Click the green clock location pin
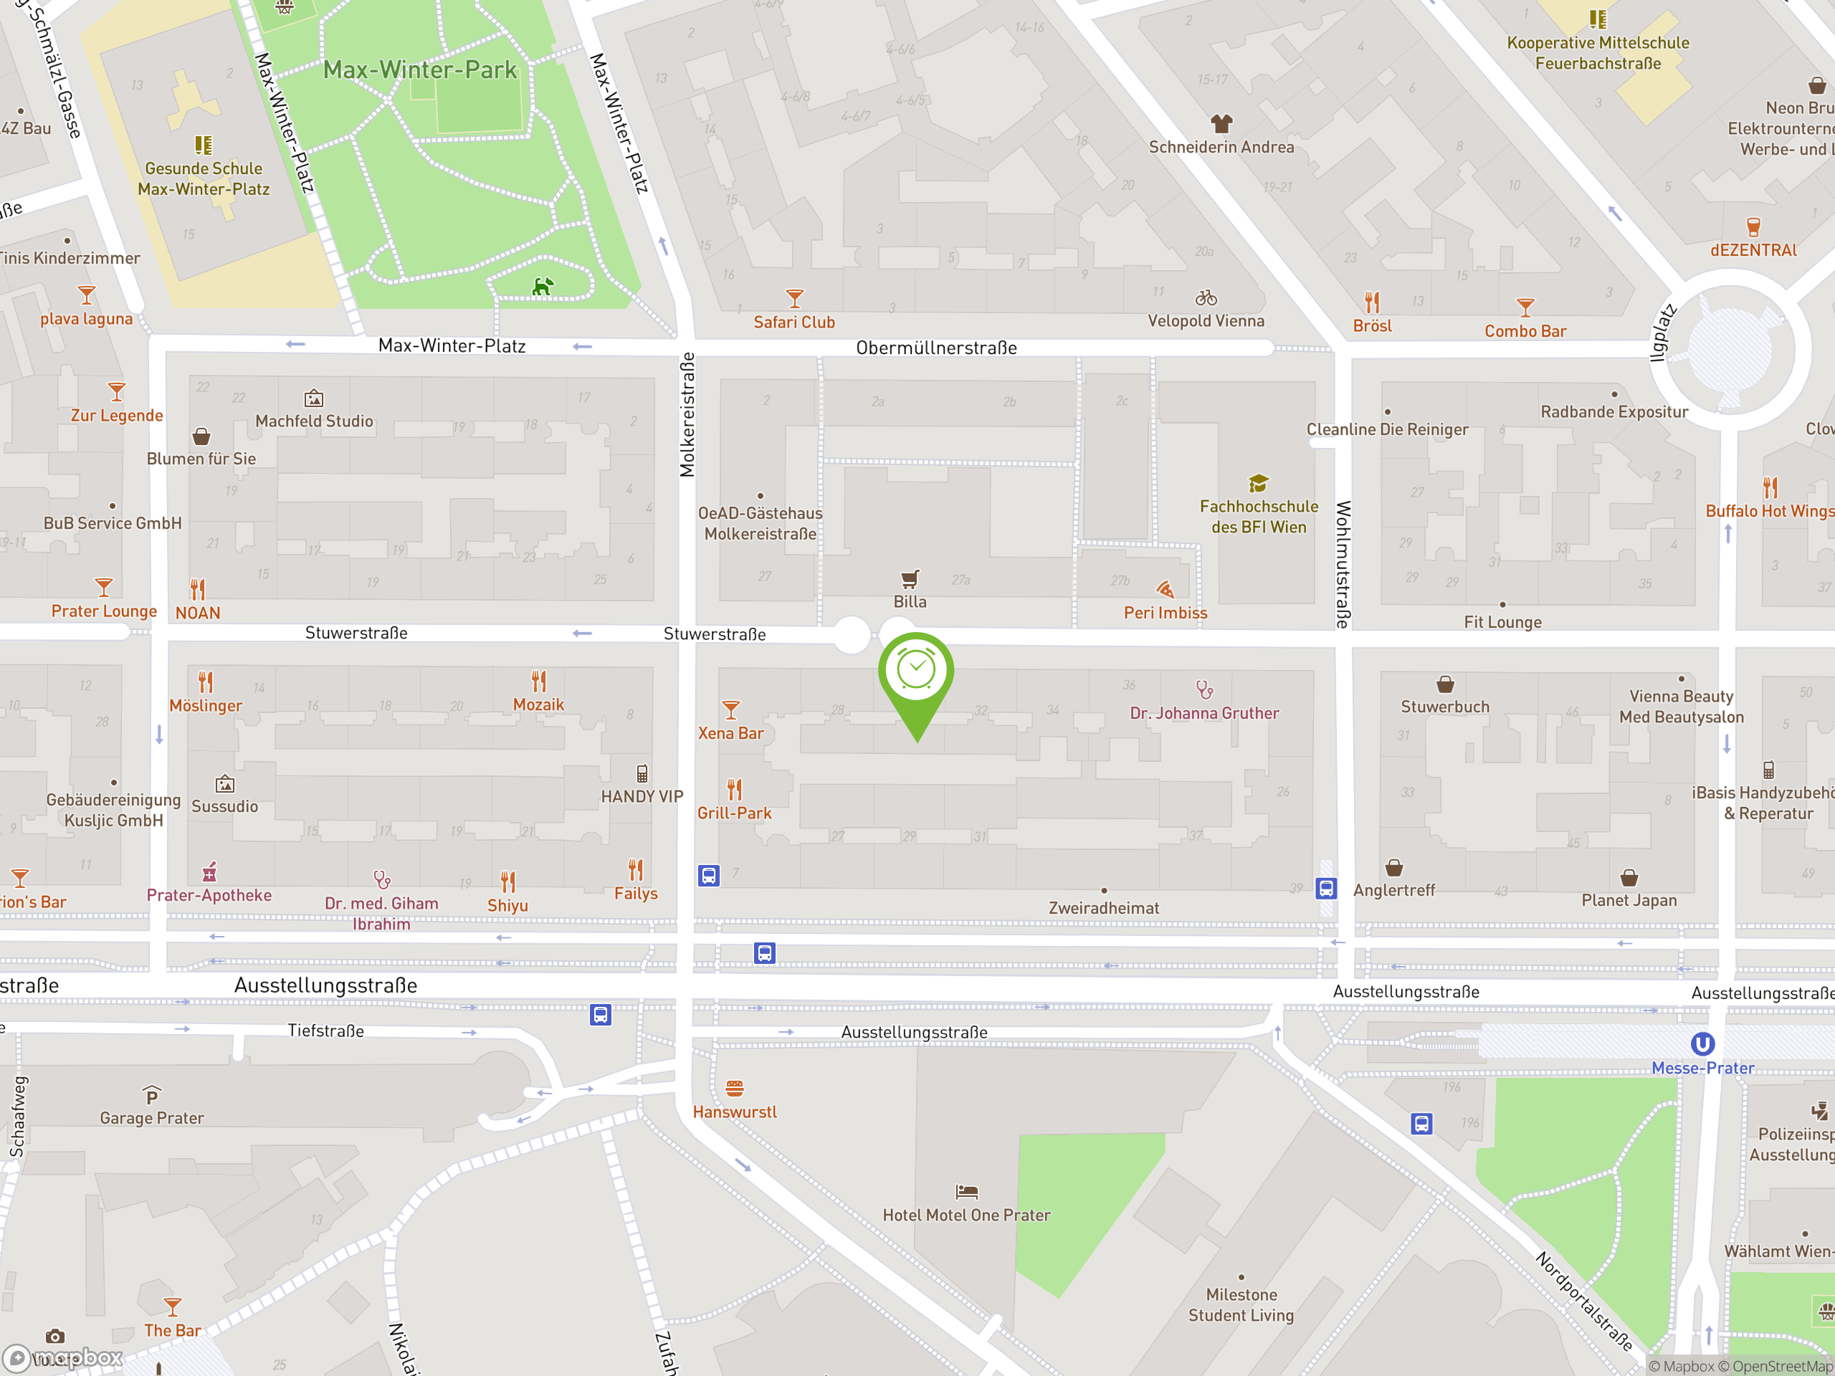[x=916, y=671]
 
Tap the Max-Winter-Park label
[x=420, y=70]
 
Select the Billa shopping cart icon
[x=910, y=578]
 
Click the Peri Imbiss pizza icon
[x=1165, y=590]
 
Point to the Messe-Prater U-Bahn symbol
[x=1702, y=1043]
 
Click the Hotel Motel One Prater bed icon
[x=966, y=1192]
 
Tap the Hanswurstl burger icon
[x=734, y=1088]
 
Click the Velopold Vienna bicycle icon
[x=1206, y=297]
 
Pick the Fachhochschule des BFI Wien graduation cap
[x=1259, y=483]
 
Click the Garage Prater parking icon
[x=151, y=1096]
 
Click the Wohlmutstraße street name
[x=1343, y=564]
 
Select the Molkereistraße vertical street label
[x=687, y=415]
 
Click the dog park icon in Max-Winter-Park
[x=543, y=287]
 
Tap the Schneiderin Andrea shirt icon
[x=1221, y=123]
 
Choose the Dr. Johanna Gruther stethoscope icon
[x=1204, y=689]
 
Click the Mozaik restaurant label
[x=538, y=705]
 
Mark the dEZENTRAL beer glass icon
[x=1753, y=226]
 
